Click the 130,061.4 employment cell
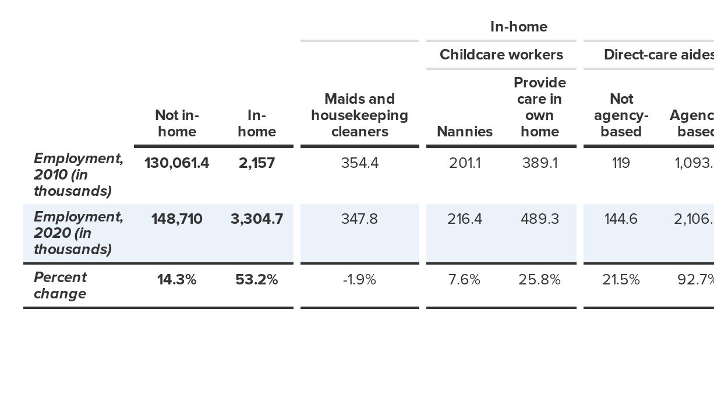(176, 163)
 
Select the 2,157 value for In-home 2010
(257, 163)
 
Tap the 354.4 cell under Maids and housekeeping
(359, 163)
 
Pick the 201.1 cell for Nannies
(465, 163)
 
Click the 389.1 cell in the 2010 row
(539, 163)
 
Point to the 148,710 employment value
(176, 219)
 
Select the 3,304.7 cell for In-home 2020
(257, 219)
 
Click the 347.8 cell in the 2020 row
(359, 219)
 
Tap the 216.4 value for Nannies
(465, 219)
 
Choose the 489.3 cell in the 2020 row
(539, 219)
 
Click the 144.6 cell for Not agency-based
(621, 219)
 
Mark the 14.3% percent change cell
(176, 280)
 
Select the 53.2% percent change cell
(257, 280)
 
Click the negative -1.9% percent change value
(359, 280)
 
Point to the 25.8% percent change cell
(539, 280)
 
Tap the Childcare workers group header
(501, 55)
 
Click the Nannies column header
(465, 132)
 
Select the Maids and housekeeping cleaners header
(359, 115)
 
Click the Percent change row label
(60, 285)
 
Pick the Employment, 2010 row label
(78, 175)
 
